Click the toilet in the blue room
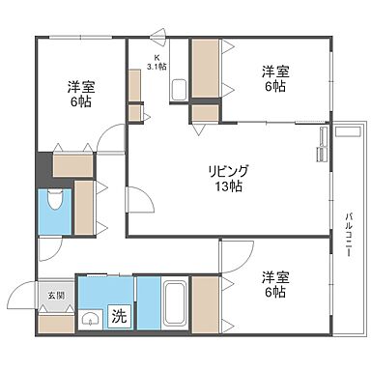pos(54,204)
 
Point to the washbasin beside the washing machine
pos(90,320)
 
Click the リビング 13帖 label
pos(228,178)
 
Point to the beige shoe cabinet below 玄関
pos(56,323)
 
